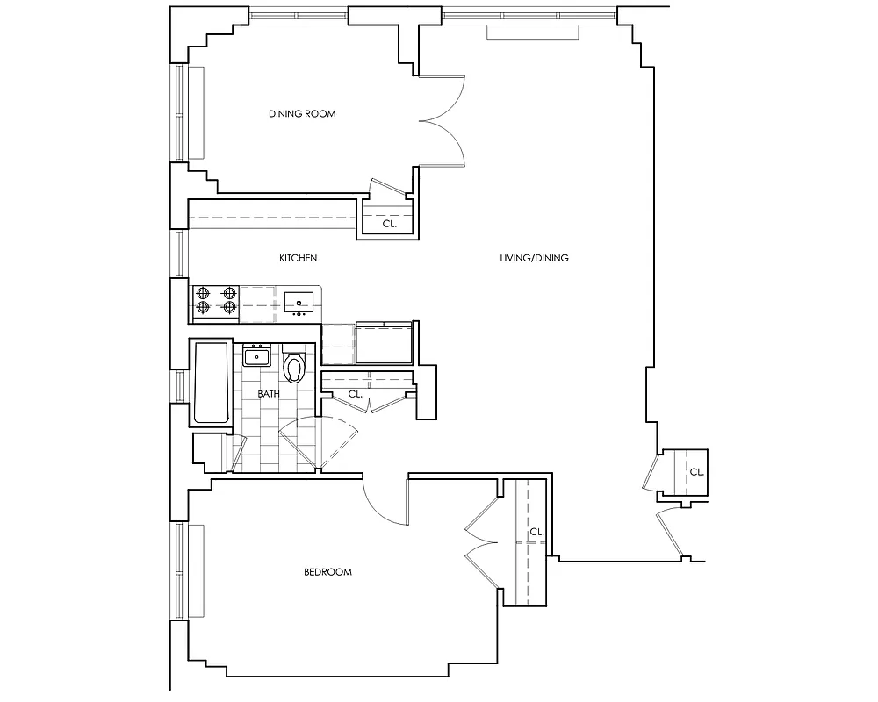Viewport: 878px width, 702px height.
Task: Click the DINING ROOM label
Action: click(302, 114)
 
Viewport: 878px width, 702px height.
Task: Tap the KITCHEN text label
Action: click(298, 258)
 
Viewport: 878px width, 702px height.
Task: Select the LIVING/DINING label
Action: click(534, 258)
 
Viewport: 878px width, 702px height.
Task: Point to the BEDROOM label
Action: click(327, 572)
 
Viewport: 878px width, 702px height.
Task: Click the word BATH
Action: click(268, 394)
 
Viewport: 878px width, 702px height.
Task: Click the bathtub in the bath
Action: click(211, 383)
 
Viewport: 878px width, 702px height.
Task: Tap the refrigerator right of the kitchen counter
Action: click(385, 344)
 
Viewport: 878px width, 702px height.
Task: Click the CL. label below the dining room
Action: click(389, 225)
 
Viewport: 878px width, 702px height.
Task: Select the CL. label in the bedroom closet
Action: click(536, 532)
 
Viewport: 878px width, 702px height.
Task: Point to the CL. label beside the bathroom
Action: click(355, 395)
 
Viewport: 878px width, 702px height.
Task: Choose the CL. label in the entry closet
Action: click(696, 471)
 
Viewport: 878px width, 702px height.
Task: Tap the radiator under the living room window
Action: click(533, 32)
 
